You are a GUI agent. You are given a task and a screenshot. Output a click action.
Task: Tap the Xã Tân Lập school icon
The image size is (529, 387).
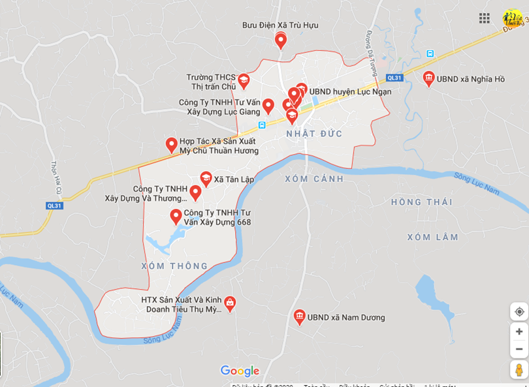click(206, 178)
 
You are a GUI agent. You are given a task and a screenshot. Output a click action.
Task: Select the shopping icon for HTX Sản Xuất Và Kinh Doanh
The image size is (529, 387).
click(230, 303)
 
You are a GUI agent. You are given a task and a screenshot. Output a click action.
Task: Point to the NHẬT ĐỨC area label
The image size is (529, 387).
click(314, 134)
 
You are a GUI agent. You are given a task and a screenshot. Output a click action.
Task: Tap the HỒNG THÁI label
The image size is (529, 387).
click(421, 202)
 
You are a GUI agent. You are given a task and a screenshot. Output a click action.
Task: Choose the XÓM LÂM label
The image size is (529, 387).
click(432, 237)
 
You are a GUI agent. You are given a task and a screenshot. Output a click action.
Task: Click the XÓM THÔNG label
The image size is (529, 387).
click(174, 266)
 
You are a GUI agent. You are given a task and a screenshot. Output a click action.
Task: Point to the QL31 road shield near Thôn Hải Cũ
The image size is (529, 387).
click(55, 205)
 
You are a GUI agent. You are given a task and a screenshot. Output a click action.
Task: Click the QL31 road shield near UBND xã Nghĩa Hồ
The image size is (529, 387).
click(394, 78)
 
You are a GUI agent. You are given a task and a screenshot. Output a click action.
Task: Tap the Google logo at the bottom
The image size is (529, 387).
click(240, 371)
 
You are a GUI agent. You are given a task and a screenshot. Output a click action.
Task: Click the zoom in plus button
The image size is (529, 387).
click(519, 332)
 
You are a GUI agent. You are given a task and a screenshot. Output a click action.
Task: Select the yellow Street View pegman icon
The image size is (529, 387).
click(519, 369)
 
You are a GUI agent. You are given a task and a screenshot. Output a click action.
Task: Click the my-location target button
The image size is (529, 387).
click(519, 311)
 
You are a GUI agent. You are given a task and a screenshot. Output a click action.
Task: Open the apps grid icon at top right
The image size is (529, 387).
click(485, 18)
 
